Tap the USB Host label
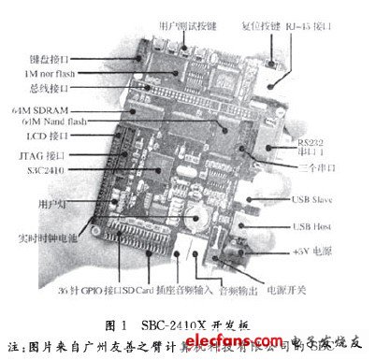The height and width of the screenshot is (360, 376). coord(326,224)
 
